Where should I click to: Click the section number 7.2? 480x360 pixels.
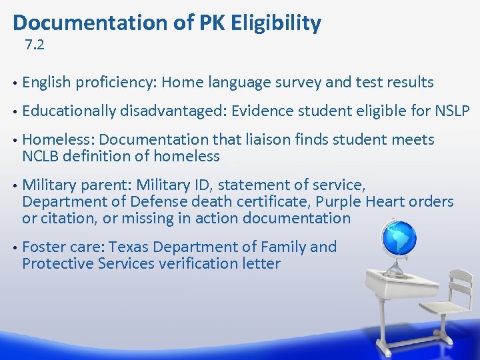35,46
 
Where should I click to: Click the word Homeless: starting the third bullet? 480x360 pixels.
58,139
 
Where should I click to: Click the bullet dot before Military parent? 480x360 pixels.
15,185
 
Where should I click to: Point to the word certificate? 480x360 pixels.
269,201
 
